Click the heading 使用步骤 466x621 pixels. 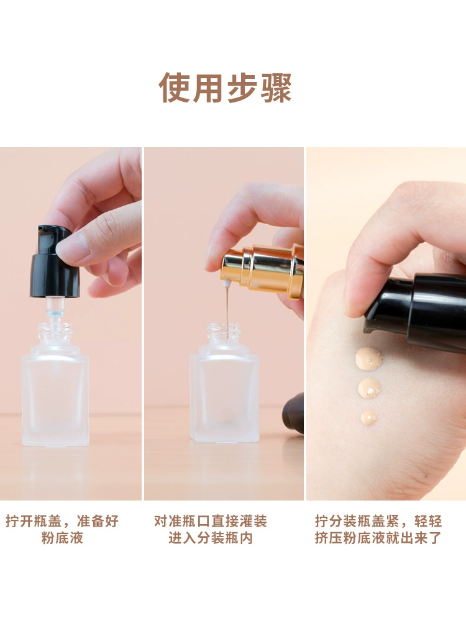(x=225, y=88)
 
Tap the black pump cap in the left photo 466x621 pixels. (x=54, y=262)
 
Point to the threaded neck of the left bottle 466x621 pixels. (x=55, y=332)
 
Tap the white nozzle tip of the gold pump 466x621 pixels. (x=227, y=283)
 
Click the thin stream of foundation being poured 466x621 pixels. (x=227, y=306)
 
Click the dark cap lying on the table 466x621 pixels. (x=294, y=413)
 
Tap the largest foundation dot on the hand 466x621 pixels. (x=369, y=358)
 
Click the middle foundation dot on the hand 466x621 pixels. (x=369, y=388)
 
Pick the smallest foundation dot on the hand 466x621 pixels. (x=368, y=418)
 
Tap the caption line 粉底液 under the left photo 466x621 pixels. (x=62, y=538)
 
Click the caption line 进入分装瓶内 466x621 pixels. (x=211, y=538)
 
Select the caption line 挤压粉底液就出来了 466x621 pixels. (x=378, y=538)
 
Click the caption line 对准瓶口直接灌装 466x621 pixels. (x=211, y=521)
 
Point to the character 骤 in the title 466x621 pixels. (x=276, y=88)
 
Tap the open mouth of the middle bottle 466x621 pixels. (x=224, y=327)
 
